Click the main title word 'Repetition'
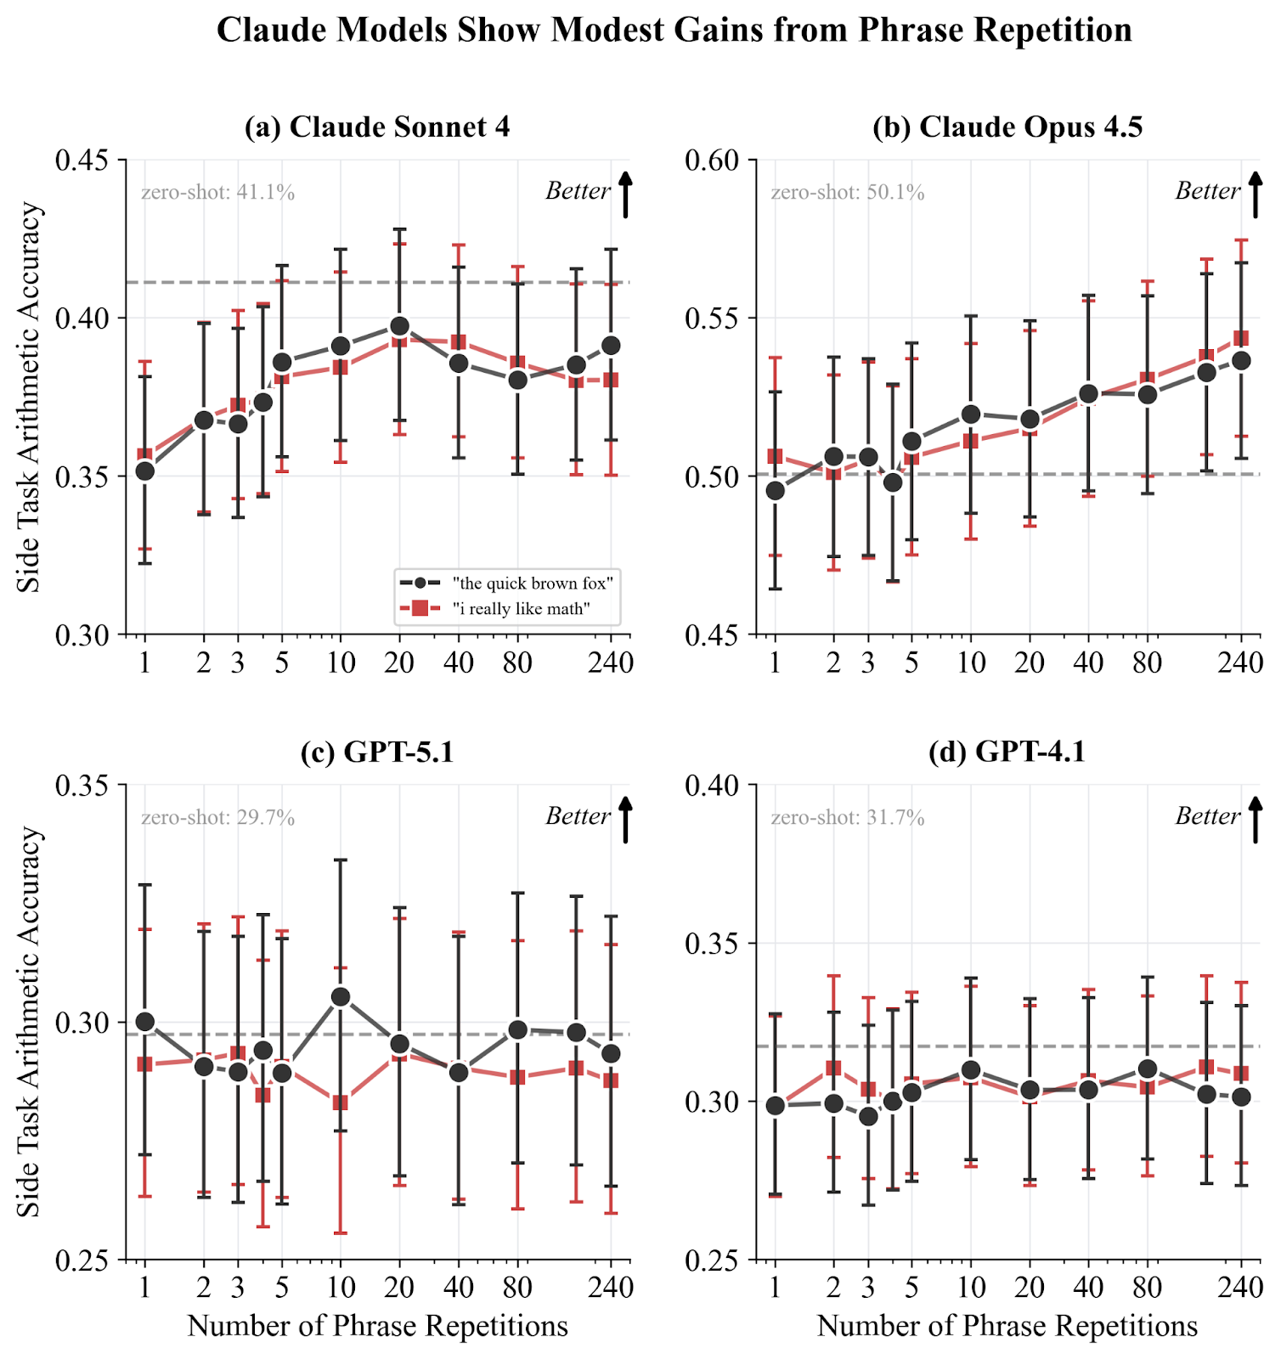click(1052, 31)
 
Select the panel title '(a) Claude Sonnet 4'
click(377, 127)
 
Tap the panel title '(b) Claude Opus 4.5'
click(1007, 127)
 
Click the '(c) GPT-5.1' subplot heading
click(377, 753)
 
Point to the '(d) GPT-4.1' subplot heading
click(1007, 753)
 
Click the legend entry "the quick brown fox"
click(533, 584)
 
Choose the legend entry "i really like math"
click(521, 609)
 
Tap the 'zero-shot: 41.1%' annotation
click(218, 193)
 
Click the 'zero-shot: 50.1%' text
click(848, 193)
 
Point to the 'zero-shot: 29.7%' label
click(218, 818)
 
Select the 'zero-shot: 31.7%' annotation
click(848, 818)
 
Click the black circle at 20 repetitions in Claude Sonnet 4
click(399, 326)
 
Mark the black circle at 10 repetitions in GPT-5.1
click(341, 996)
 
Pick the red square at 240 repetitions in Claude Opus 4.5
click(1240, 339)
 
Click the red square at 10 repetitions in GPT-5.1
click(341, 1103)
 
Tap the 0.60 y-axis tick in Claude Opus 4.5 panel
click(713, 161)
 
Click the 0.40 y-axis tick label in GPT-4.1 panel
click(713, 786)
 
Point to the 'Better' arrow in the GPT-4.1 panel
click(1256, 818)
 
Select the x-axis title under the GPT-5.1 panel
click(377, 1326)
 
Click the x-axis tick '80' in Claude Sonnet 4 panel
click(517, 663)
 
